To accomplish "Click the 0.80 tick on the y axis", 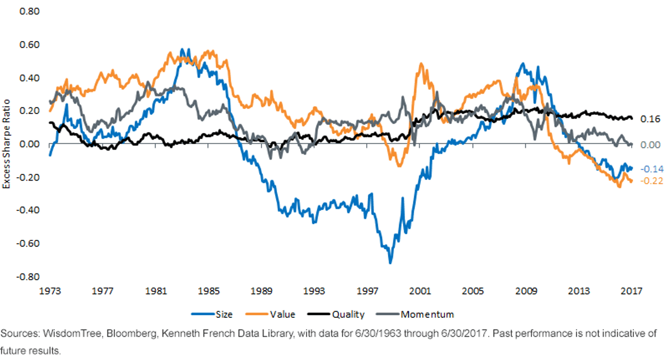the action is [x=29, y=11].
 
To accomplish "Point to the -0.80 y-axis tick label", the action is [x=28, y=277].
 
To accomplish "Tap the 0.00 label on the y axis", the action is [x=29, y=144].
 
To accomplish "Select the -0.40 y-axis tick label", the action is [x=28, y=210].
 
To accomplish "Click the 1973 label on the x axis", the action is [x=50, y=291].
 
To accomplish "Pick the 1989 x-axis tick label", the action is [x=261, y=291].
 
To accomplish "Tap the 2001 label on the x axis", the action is [x=420, y=291].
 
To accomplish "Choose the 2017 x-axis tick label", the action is [x=631, y=291].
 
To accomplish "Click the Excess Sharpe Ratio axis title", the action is [x=6, y=144].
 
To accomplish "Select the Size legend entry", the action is [x=212, y=314].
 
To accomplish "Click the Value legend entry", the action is [x=270, y=314].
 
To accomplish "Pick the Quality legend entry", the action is [x=336, y=314].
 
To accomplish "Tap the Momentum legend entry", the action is [x=415, y=314].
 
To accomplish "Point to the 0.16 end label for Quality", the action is [x=650, y=119].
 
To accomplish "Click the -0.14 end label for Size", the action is [x=652, y=169].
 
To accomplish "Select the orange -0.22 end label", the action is [x=652, y=181].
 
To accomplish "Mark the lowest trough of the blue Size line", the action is [x=390, y=263].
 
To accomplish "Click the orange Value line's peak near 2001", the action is [x=421, y=64].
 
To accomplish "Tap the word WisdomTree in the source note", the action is [x=72, y=333].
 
